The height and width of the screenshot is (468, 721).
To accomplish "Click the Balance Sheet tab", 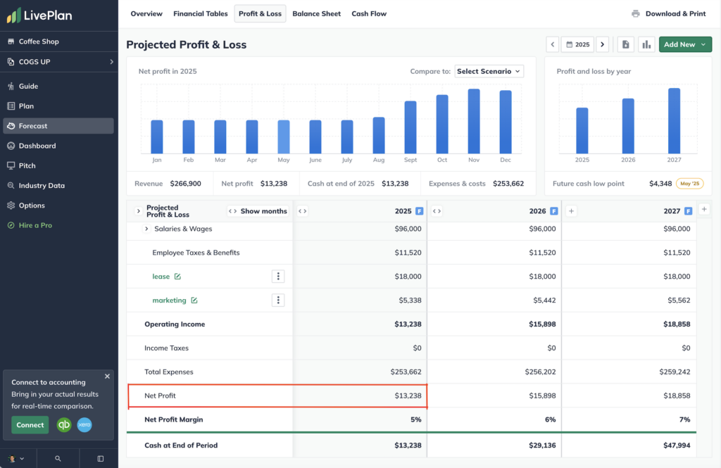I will [x=316, y=13].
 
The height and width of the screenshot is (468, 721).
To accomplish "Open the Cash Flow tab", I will [x=369, y=13].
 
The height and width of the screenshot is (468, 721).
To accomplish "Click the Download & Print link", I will [x=668, y=13].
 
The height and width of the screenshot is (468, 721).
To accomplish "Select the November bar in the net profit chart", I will [x=474, y=121].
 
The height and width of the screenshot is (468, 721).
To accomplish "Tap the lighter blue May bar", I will [x=284, y=137].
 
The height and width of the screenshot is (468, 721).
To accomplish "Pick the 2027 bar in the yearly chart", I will [x=674, y=120].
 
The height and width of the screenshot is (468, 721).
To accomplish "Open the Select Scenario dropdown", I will [x=489, y=71].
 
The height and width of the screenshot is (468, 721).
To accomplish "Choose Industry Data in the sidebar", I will [x=42, y=186].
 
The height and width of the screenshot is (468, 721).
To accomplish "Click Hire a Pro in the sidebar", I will [x=35, y=225].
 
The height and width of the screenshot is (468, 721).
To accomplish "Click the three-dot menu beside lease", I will [x=278, y=277].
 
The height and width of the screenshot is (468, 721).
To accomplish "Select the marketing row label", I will [x=169, y=301].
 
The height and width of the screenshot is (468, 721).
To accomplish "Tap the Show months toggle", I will [x=258, y=211].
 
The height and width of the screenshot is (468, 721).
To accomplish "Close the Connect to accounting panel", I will [x=107, y=377].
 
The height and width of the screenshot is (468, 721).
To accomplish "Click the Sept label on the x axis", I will [x=410, y=160].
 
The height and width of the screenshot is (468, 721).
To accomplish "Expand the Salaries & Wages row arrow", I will [x=146, y=229].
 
